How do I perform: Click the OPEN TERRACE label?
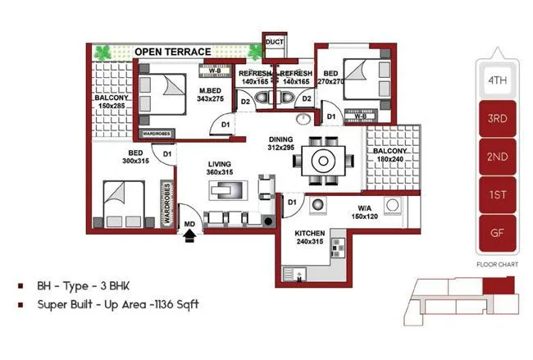pyautogui.click(x=173, y=51)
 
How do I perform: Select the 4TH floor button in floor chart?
pyautogui.click(x=497, y=80)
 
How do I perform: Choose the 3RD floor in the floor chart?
pyautogui.click(x=497, y=118)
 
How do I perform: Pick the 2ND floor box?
pyautogui.click(x=497, y=157)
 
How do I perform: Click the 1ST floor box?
pyautogui.click(x=497, y=194)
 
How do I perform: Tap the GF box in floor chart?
pyautogui.click(x=497, y=232)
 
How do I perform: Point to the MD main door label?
pyautogui.click(x=189, y=224)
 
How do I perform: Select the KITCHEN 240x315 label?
pyautogui.click(x=311, y=238)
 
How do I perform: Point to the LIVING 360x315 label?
pyautogui.click(x=220, y=168)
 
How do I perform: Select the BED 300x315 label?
pyautogui.click(x=135, y=157)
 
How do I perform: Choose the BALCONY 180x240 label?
pyautogui.click(x=390, y=157)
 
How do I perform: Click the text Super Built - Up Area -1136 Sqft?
pyautogui.click(x=118, y=304)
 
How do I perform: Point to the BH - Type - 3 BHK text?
pyautogui.click(x=84, y=286)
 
